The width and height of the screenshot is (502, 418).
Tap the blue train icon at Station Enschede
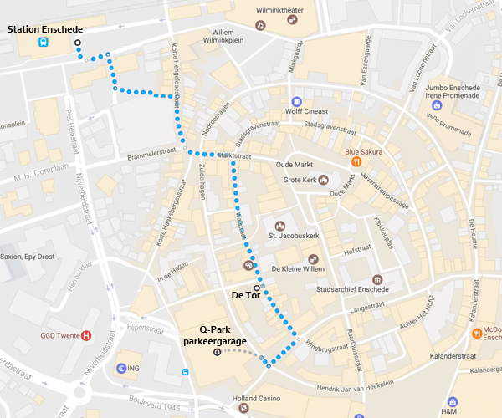(42, 43)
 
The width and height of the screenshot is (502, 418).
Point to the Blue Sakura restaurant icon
(356, 161)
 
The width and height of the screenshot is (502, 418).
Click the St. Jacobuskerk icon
(280, 226)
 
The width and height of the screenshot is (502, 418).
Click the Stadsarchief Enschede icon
(377, 279)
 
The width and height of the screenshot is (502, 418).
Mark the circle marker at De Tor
(257, 288)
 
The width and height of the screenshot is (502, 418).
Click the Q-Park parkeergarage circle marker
(217, 353)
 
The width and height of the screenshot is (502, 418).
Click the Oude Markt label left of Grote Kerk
(294, 165)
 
